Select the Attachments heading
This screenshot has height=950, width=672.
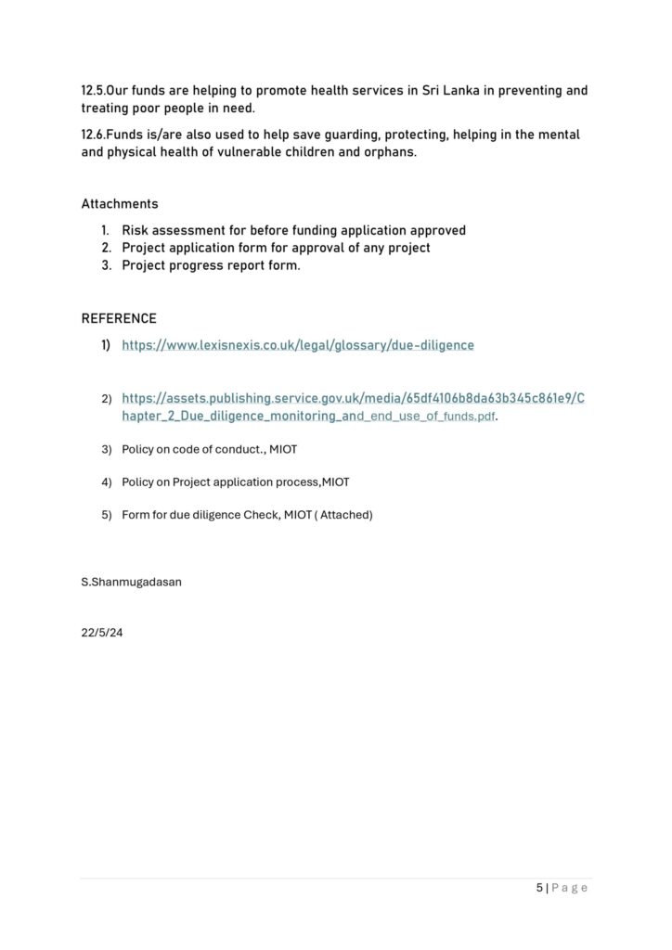[x=120, y=203]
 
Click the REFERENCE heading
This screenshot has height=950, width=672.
[x=119, y=318]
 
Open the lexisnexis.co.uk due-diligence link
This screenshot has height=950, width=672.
[x=298, y=345]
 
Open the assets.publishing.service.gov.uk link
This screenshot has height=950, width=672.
[x=353, y=399]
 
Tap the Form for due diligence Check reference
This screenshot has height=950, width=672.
[x=247, y=514]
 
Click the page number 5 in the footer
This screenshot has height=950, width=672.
[x=539, y=888]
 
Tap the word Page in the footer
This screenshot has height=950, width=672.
[x=570, y=888]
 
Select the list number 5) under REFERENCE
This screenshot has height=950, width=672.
[x=106, y=514]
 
